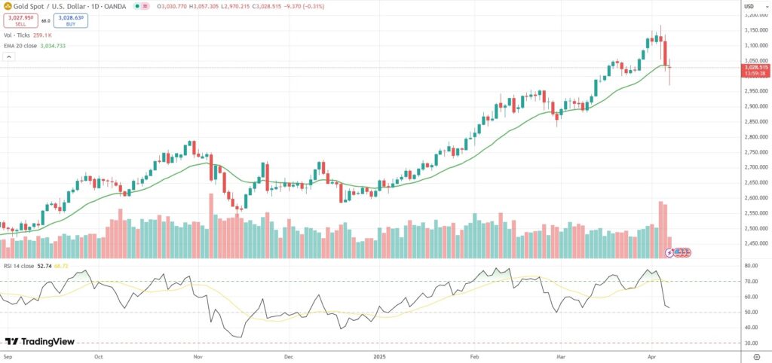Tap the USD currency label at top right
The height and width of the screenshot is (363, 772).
749,7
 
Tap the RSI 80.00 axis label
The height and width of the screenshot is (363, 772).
751,266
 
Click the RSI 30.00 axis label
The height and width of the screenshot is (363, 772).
751,343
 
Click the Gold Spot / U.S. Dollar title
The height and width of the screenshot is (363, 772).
48,6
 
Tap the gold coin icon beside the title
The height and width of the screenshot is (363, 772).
7,6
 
